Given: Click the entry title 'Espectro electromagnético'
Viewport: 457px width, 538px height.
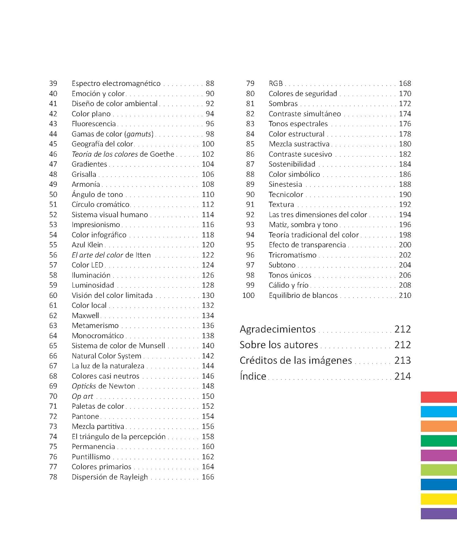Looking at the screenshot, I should coord(116,84).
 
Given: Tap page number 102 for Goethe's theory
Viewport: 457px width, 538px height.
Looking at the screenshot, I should coord(208,154).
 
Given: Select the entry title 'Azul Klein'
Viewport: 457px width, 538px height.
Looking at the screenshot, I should coord(87,245).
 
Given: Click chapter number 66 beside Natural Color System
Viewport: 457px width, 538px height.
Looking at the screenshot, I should coord(53,356).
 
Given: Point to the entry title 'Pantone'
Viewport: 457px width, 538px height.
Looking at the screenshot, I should coord(85,416).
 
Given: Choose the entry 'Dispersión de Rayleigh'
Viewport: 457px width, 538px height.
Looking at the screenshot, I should coord(110,477).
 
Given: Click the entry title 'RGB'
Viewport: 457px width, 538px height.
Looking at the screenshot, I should coord(276,84).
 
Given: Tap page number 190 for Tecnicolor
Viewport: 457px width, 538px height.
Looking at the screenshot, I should coord(405,194).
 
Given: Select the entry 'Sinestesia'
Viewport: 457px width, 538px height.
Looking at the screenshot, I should coord(285,184).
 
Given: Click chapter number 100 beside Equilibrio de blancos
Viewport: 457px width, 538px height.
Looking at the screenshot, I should coord(248,296).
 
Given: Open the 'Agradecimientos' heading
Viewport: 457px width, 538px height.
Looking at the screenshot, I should coord(278,329).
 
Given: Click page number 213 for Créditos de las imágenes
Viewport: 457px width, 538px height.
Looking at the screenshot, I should coord(403,360).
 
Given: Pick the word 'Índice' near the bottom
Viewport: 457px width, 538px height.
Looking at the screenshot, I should coord(253,376).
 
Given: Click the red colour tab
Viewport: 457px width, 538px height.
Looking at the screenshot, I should coord(439,397).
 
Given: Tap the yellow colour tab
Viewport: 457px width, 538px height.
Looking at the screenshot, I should coord(439,499).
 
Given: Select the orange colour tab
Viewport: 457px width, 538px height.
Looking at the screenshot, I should coord(439,426).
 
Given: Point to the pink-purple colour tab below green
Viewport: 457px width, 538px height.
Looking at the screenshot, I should coord(439,456).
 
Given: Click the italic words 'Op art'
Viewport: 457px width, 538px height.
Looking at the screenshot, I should coord(82,396).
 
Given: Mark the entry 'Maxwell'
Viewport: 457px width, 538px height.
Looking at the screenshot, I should coord(85,316).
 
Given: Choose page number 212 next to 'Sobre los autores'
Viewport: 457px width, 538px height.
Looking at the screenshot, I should coord(403,345).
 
